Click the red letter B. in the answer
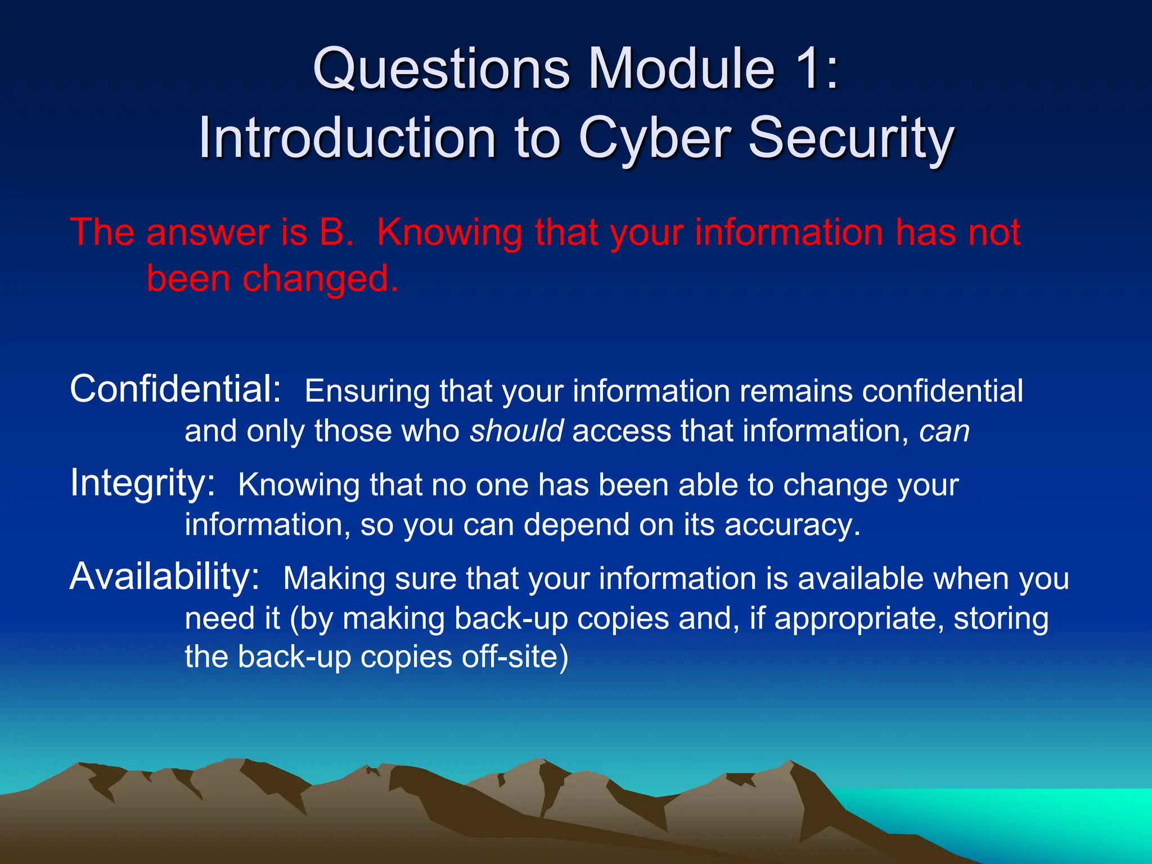[336, 232]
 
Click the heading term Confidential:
[175, 389]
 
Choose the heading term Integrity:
[142, 483]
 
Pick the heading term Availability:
[164, 577]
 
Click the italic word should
[516, 431]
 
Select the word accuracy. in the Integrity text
[792, 525]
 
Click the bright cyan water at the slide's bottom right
[1041, 816]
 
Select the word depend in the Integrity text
[576, 525]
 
